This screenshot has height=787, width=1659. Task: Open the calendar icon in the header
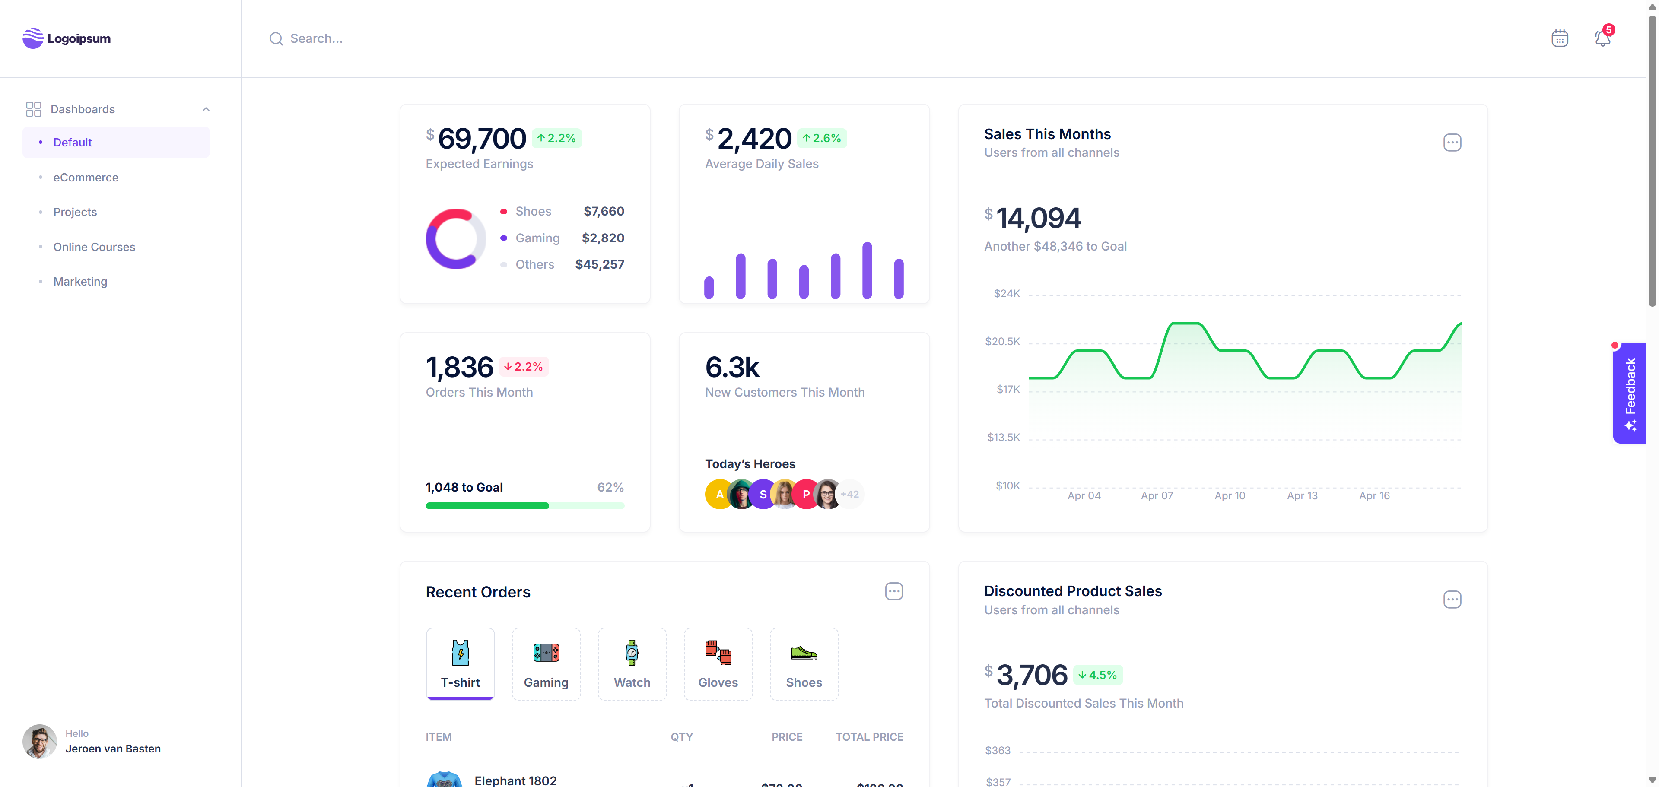click(1559, 38)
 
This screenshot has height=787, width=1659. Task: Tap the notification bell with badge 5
click(1602, 38)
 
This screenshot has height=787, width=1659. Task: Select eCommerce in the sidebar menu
click(86, 177)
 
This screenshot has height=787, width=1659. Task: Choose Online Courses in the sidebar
click(94, 247)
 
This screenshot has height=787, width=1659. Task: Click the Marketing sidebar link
click(80, 282)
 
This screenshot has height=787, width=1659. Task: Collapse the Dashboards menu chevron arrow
click(206, 109)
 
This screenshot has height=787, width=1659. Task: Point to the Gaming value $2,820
click(603, 238)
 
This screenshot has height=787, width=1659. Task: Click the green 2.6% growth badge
click(822, 138)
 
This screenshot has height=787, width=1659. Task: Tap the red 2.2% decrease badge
click(523, 366)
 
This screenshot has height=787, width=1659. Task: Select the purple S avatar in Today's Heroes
click(763, 495)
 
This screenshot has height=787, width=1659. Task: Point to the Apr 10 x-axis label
click(1230, 495)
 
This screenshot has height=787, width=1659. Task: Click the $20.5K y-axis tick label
click(1002, 341)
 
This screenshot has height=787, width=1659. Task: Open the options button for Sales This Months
click(1452, 143)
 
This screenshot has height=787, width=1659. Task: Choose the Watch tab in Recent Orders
click(632, 663)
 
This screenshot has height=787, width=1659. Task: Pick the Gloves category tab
click(718, 663)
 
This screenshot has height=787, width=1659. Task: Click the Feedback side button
click(1629, 393)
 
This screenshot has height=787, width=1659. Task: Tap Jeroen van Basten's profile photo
click(39, 741)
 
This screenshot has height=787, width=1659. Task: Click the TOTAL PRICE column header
click(869, 737)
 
